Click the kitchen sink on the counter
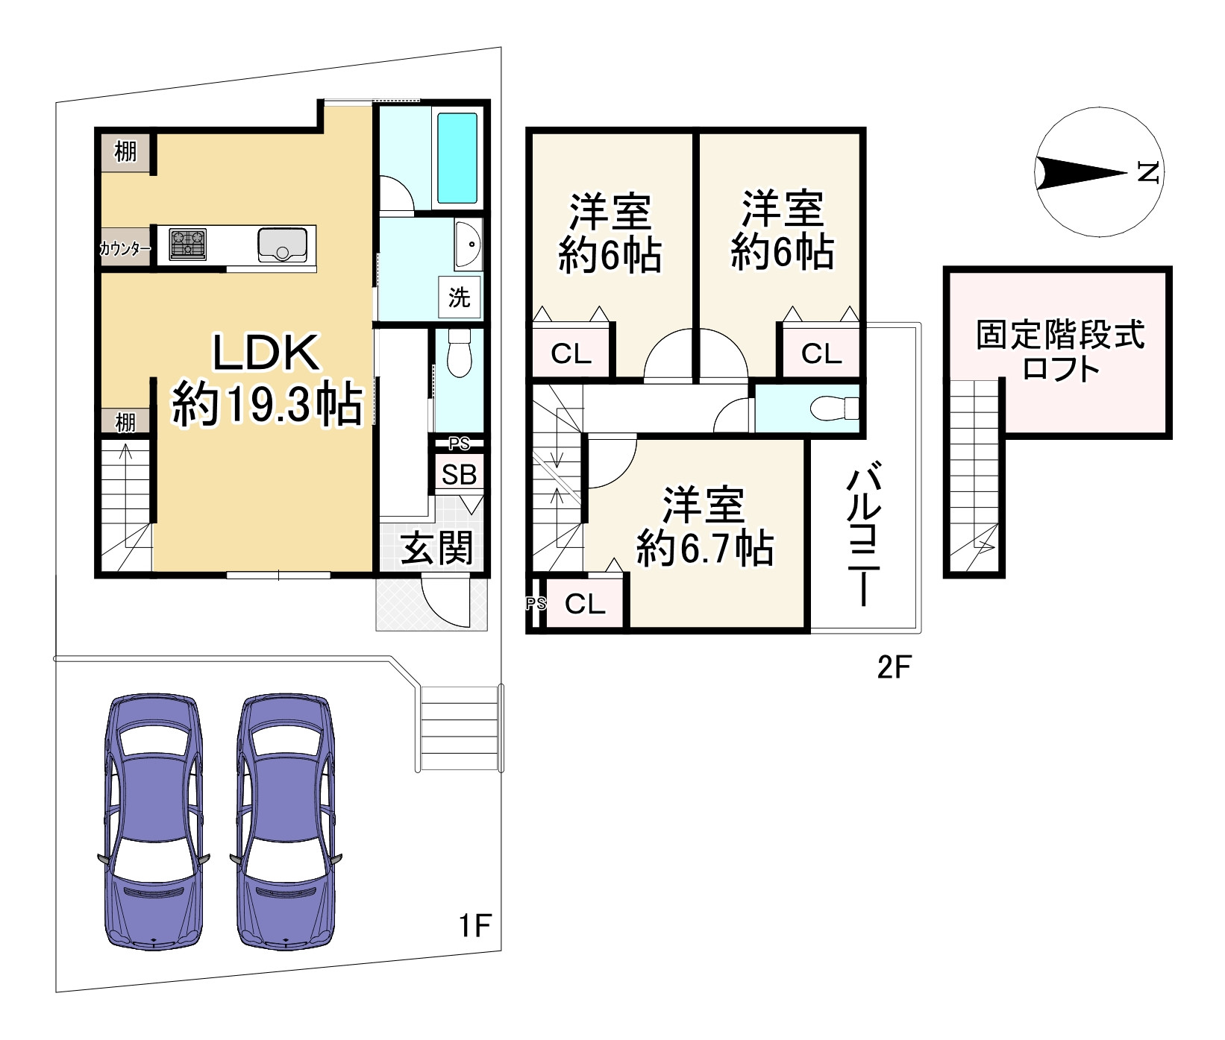(x=282, y=245)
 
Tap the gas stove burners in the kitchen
(x=187, y=244)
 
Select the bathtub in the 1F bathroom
(x=457, y=158)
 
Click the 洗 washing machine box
(x=459, y=297)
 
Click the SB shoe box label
(x=459, y=474)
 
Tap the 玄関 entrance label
(x=436, y=549)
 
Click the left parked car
(x=154, y=823)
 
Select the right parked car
(x=286, y=823)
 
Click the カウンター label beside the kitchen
(x=125, y=249)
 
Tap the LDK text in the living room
(x=266, y=353)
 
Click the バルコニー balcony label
(x=865, y=535)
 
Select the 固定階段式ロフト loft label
(x=1060, y=350)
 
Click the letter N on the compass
(x=1147, y=172)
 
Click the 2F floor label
(x=894, y=666)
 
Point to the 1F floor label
(x=474, y=925)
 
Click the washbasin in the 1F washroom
(x=468, y=244)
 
